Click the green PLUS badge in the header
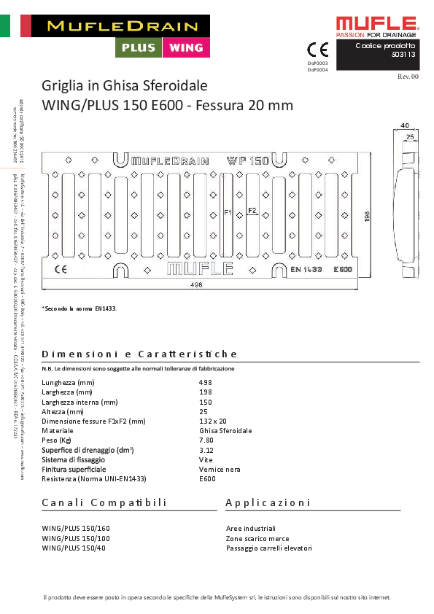tap(138, 47)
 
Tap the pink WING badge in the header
tap(185, 47)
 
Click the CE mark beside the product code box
tap(317, 50)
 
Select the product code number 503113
tap(403, 54)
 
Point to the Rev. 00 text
tap(408, 77)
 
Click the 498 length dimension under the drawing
tap(196, 285)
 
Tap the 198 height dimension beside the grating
tap(368, 215)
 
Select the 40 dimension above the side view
tap(404, 126)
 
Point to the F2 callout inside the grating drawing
tap(252, 210)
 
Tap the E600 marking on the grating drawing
tap(344, 270)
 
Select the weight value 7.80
tap(206, 440)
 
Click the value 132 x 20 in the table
tap(213, 421)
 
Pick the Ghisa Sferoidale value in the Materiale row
tap(225, 431)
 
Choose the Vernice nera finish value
tap(220, 470)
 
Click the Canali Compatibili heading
tap(104, 502)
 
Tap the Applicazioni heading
tap(268, 502)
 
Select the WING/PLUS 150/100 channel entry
tap(76, 538)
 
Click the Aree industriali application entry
tap(251, 528)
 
